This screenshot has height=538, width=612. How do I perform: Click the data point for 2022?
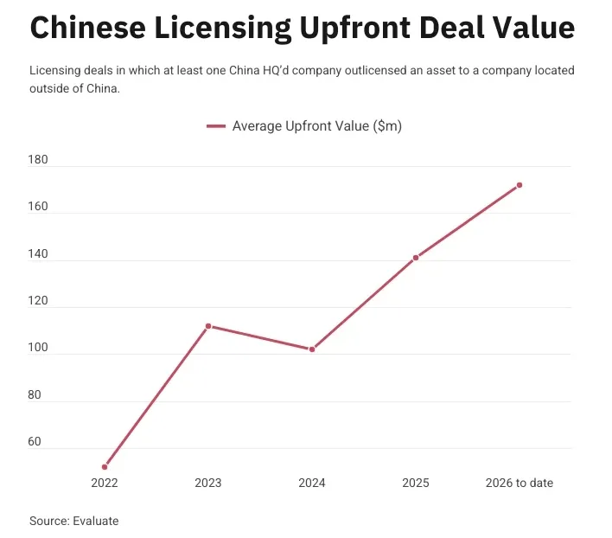click(105, 467)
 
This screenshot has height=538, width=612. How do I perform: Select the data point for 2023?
click(208, 326)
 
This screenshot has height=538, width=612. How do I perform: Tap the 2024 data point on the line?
click(312, 349)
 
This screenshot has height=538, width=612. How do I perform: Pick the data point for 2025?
click(416, 258)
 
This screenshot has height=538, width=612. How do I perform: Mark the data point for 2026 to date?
click(520, 185)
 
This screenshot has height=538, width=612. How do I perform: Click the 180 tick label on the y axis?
click(40, 161)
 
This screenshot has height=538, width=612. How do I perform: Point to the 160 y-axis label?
click(40, 208)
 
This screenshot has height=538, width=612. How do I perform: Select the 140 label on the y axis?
click(40, 254)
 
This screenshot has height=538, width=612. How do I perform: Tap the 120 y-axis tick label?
click(40, 302)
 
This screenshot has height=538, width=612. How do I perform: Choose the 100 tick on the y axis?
click(40, 349)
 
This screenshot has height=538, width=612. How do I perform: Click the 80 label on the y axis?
click(36, 395)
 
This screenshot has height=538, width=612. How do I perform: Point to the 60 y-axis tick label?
click(36, 442)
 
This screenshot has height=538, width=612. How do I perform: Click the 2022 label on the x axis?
click(105, 483)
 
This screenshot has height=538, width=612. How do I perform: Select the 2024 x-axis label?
click(312, 483)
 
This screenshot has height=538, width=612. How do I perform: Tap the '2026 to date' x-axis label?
click(520, 483)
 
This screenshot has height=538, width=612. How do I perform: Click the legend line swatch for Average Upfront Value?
click(216, 126)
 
